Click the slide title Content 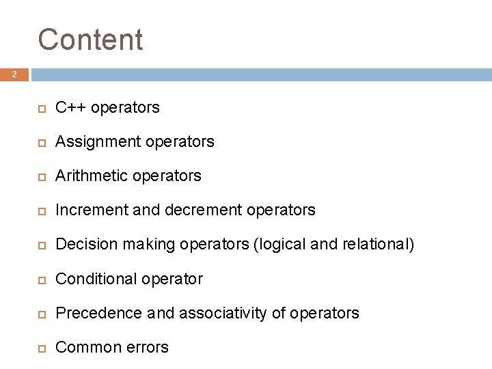[90, 40]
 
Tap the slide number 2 [14, 74]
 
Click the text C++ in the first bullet [70, 107]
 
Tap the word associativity [221, 313]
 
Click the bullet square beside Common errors [41, 348]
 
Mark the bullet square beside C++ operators [41, 108]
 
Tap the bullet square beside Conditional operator [41, 279]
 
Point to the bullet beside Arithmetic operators [41, 176]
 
